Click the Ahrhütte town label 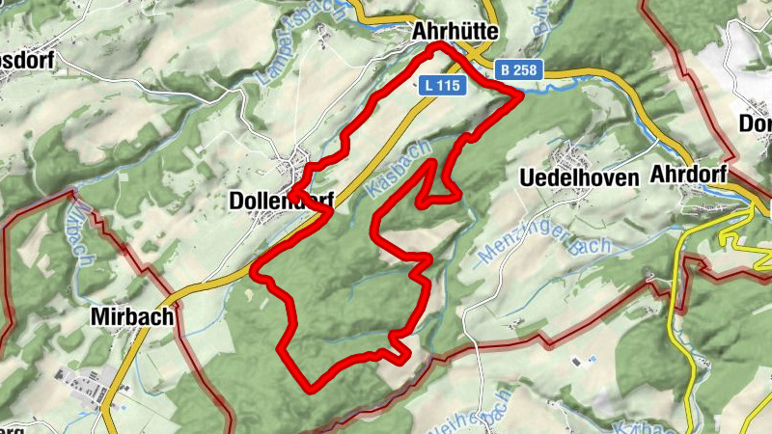[455, 31]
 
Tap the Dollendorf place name [281, 201]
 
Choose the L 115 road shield [444, 85]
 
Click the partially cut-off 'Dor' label [755, 123]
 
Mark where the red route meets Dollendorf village [292, 187]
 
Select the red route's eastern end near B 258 [516, 94]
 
